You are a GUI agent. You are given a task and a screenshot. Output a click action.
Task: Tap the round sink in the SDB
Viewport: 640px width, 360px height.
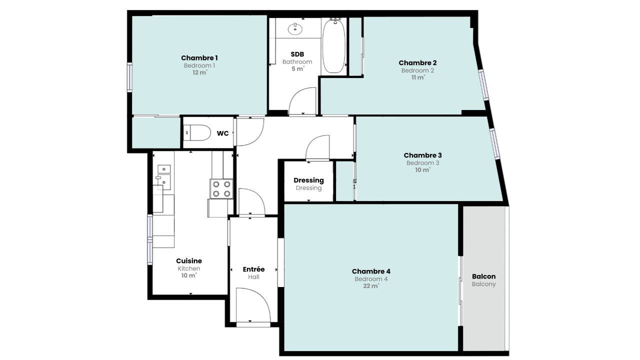pyautogui.click(x=295, y=29)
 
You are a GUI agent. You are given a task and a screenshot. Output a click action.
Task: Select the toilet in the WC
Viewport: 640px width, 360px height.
pyautogui.click(x=197, y=132)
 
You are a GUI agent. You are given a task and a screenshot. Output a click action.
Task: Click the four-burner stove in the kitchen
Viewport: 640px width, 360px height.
pyautogui.click(x=221, y=189)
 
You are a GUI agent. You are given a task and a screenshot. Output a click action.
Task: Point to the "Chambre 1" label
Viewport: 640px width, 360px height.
pyautogui.click(x=199, y=58)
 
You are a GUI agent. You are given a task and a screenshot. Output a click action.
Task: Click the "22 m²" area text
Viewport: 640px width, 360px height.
pyautogui.click(x=371, y=285)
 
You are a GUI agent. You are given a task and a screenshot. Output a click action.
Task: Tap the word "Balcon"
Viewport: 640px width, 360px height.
pyautogui.click(x=483, y=276)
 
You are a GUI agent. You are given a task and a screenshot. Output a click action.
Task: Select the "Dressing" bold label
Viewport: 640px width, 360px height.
pyautogui.click(x=308, y=180)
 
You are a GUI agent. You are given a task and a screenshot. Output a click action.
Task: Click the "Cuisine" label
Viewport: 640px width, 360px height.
pyautogui.click(x=189, y=261)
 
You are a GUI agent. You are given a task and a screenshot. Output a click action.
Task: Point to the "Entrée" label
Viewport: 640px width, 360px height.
pyautogui.click(x=253, y=269)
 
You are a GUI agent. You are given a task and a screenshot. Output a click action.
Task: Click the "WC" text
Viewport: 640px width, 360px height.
pyautogui.click(x=222, y=133)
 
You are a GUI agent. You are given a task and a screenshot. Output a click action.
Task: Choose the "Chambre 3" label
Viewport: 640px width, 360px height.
pyautogui.click(x=422, y=155)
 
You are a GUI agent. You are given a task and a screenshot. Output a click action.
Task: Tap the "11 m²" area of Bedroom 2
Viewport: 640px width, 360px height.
pyautogui.click(x=418, y=77)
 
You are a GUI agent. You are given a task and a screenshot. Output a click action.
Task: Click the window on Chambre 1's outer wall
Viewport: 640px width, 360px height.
pyautogui.click(x=129, y=77)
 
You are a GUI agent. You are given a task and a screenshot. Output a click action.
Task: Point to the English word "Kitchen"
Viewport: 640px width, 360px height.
pyautogui.click(x=189, y=268)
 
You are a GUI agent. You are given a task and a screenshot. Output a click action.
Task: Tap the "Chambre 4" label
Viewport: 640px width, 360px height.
pyautogui.click(x=371, y=271)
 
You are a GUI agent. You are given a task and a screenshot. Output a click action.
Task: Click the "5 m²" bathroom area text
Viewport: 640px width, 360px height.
pyautogui.click(x=297, y=69)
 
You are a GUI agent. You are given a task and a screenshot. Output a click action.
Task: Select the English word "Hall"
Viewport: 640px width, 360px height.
pyautogui.click(x=253, y=277)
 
